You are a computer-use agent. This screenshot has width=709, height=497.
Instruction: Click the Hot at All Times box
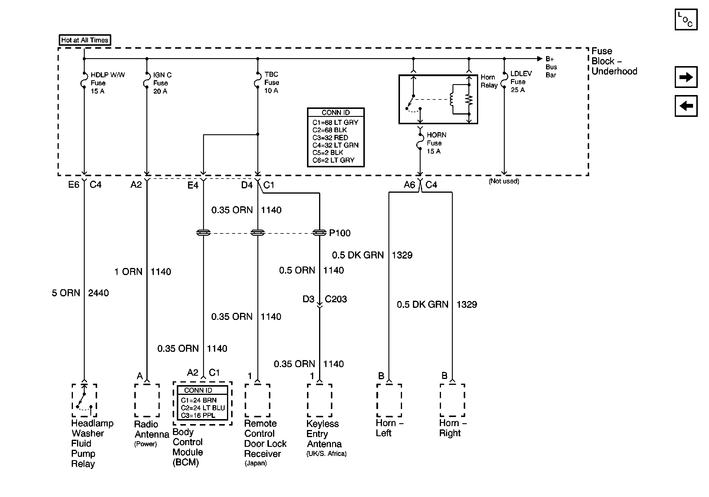tap(85, 40)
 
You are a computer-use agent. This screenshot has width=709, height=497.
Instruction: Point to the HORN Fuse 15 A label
tap(436, 143)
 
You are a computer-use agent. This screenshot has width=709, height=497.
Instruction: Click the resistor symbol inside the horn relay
tap(469, 99)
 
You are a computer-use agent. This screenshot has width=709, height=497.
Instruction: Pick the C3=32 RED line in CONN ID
tap(330, 137)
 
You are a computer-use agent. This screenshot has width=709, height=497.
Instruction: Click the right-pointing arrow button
tap(686, 77)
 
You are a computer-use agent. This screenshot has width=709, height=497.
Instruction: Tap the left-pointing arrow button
tap(686, 106)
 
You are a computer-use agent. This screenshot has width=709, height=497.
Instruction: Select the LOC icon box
tap(686, 19)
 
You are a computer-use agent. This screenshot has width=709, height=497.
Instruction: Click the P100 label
tap(340, 233)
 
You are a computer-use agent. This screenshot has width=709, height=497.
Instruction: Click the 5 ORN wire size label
tap(66, 293)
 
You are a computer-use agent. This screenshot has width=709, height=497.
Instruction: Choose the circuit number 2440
tap(98, 293)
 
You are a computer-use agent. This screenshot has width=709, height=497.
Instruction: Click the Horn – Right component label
tap(452, 428)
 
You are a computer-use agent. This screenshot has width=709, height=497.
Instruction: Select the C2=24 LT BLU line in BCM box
tap(202, 408)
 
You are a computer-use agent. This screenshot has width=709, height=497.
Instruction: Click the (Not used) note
tap(504, 181)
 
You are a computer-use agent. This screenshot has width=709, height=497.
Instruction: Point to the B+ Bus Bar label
tap(551, 67)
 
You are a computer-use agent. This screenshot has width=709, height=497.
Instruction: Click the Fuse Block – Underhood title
tap(614, 61)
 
